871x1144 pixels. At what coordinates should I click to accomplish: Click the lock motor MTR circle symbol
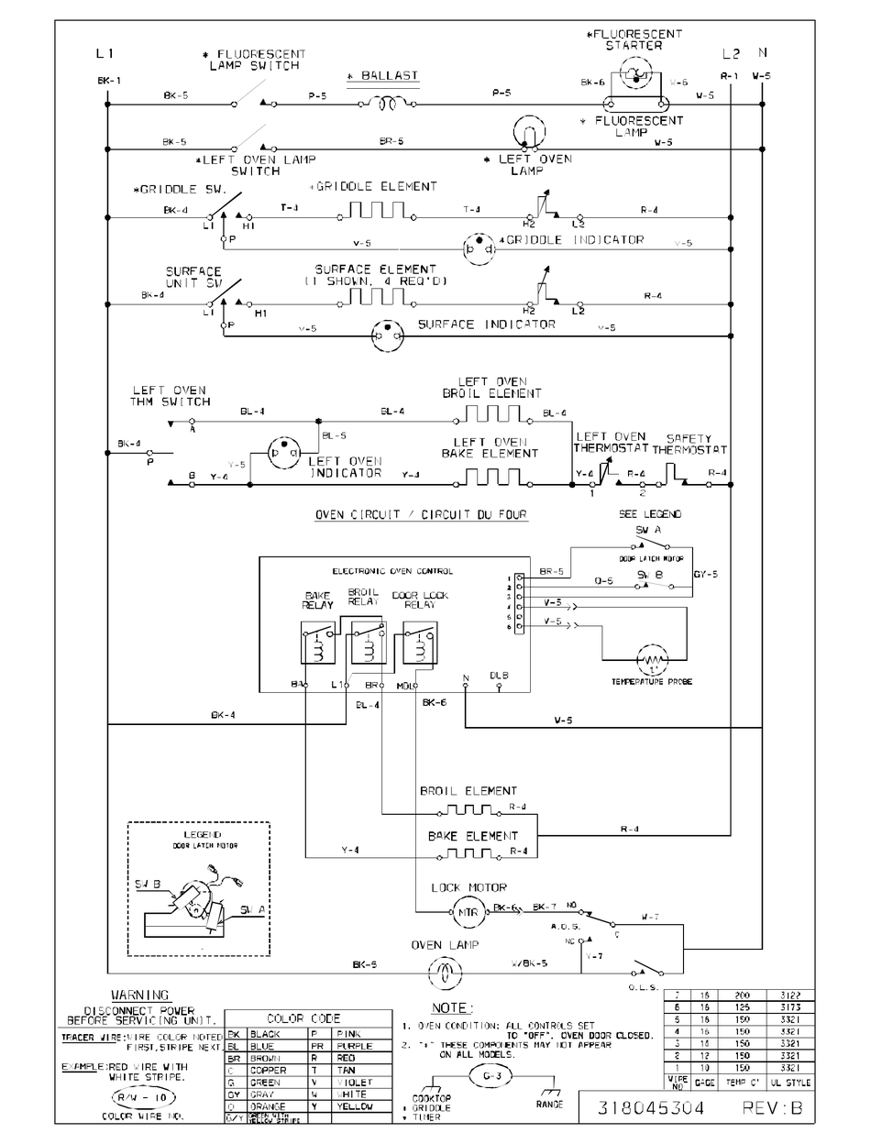pos(469,912)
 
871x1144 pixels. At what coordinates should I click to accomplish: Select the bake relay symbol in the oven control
pos(317,642)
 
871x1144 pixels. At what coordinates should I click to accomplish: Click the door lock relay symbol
pos(419,642)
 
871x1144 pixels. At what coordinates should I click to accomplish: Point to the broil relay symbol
pos(369,642)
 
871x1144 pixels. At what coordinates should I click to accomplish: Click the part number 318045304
pos(651,1108)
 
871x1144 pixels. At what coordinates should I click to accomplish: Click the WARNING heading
pos(139,995)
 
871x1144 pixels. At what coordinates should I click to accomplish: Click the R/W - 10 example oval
pos(121,1096)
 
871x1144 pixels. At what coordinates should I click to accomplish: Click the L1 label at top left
pos(105,55)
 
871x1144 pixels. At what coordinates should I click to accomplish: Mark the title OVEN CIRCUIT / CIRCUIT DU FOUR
pos(421,515)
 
